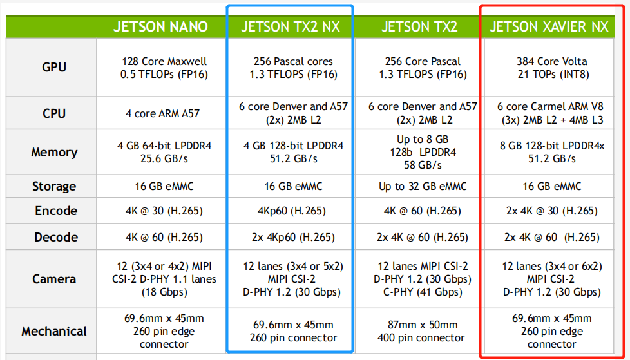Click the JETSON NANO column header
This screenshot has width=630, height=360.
pos(160,26)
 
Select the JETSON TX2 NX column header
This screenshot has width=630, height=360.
pos(290,26)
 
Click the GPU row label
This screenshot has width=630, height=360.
pos(54,67)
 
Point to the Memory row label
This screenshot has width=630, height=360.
pos(54,153)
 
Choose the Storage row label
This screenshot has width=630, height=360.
pos(54,186)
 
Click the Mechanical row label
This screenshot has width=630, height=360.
pos(54,331)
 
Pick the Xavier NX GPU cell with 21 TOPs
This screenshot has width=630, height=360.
pos(552,68)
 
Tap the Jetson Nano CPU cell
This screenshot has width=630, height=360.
pos(163,113)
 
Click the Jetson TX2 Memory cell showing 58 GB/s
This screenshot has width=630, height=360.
pos(423,153)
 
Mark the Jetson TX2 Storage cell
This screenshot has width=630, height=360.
pos(423,186)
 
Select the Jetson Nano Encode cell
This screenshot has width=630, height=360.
pos(163,211)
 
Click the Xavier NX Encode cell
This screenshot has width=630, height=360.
pos(551,211)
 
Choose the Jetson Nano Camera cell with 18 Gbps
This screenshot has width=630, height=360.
pos(163,279)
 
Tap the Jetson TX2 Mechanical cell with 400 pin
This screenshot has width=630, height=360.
pos(423,331)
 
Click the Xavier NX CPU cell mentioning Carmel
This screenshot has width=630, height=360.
pos(551,113)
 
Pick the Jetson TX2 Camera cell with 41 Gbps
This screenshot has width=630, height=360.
pos(423,279)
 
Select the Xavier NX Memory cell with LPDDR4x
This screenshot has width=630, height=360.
pos(551,153)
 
